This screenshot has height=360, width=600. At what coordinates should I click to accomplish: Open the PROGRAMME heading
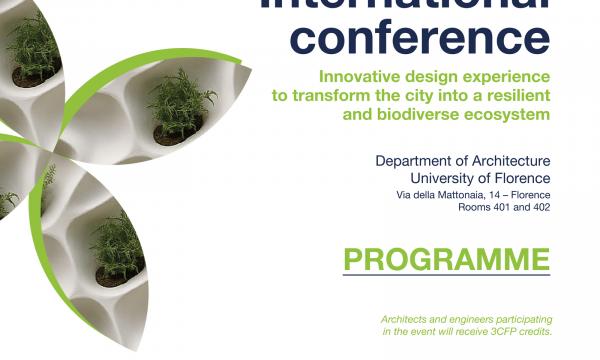click(446, 258)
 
